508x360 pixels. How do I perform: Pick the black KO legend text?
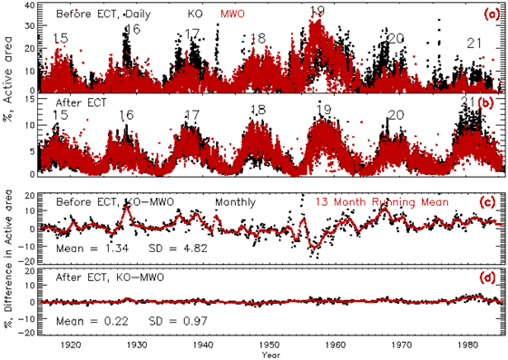point(195,15)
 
